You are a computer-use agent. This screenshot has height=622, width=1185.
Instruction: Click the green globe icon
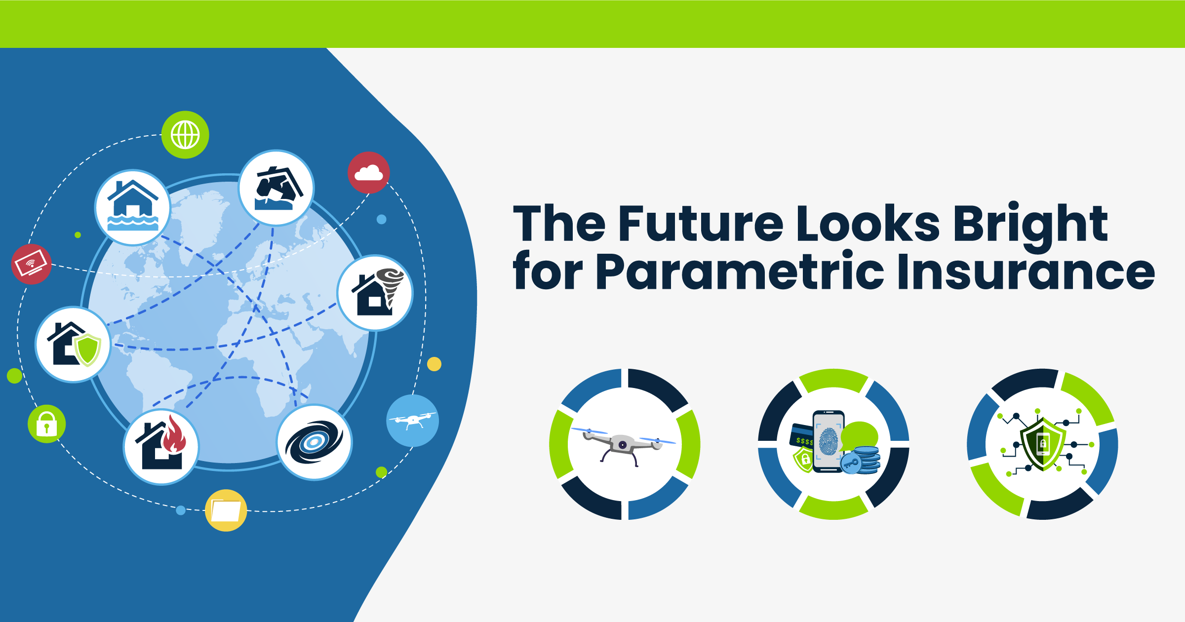(185, 135)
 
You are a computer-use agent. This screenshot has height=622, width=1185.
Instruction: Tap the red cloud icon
(369, 173)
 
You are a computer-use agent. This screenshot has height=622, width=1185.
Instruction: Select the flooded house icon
(133, 208)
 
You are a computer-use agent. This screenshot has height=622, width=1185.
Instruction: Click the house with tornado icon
(375, 293)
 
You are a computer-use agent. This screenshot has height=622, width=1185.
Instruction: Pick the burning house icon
(161, 447)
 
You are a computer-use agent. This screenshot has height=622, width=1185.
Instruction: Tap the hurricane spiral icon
(315, 442)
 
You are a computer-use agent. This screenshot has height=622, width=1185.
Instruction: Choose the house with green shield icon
(73, 344)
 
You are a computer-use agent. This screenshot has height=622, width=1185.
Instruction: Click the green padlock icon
(47, 424)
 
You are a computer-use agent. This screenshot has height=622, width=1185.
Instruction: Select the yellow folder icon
(226, 510)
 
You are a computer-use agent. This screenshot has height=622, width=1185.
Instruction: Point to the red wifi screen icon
(32, 264)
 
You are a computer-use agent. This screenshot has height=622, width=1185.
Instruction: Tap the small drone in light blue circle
(412, 421)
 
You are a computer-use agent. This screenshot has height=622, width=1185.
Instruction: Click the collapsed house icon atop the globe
(276, 188)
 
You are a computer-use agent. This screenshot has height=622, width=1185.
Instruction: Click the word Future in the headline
(701, 223)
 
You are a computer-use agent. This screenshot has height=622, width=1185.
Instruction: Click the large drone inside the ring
(624, 444)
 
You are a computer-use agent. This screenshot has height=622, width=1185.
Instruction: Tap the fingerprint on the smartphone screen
(828, 441)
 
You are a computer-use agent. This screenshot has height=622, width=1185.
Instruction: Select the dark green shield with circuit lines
(1042, 443)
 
